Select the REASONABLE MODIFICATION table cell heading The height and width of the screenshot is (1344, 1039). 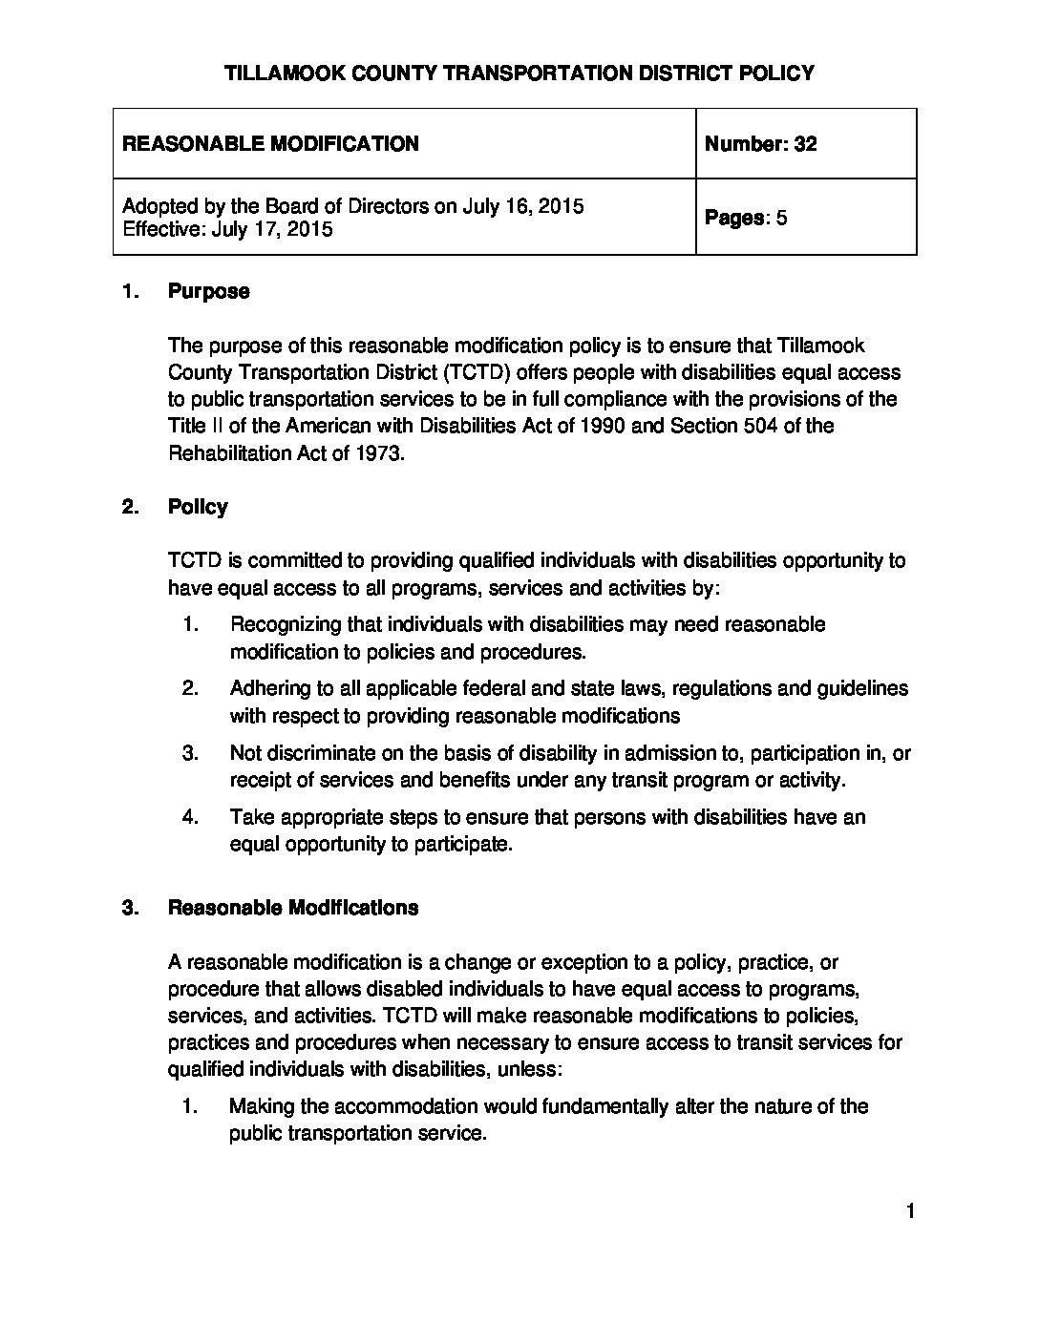tap(271, 144)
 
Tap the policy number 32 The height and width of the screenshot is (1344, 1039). tap(805, 144)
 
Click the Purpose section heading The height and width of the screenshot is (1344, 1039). tap(208, 292)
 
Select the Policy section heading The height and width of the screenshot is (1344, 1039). tap(198, 507)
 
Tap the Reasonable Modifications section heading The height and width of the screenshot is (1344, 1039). tap(293, 908)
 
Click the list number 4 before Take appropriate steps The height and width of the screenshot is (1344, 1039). tap(190, 817)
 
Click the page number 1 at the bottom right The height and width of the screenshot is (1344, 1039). tap(910, 1212)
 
